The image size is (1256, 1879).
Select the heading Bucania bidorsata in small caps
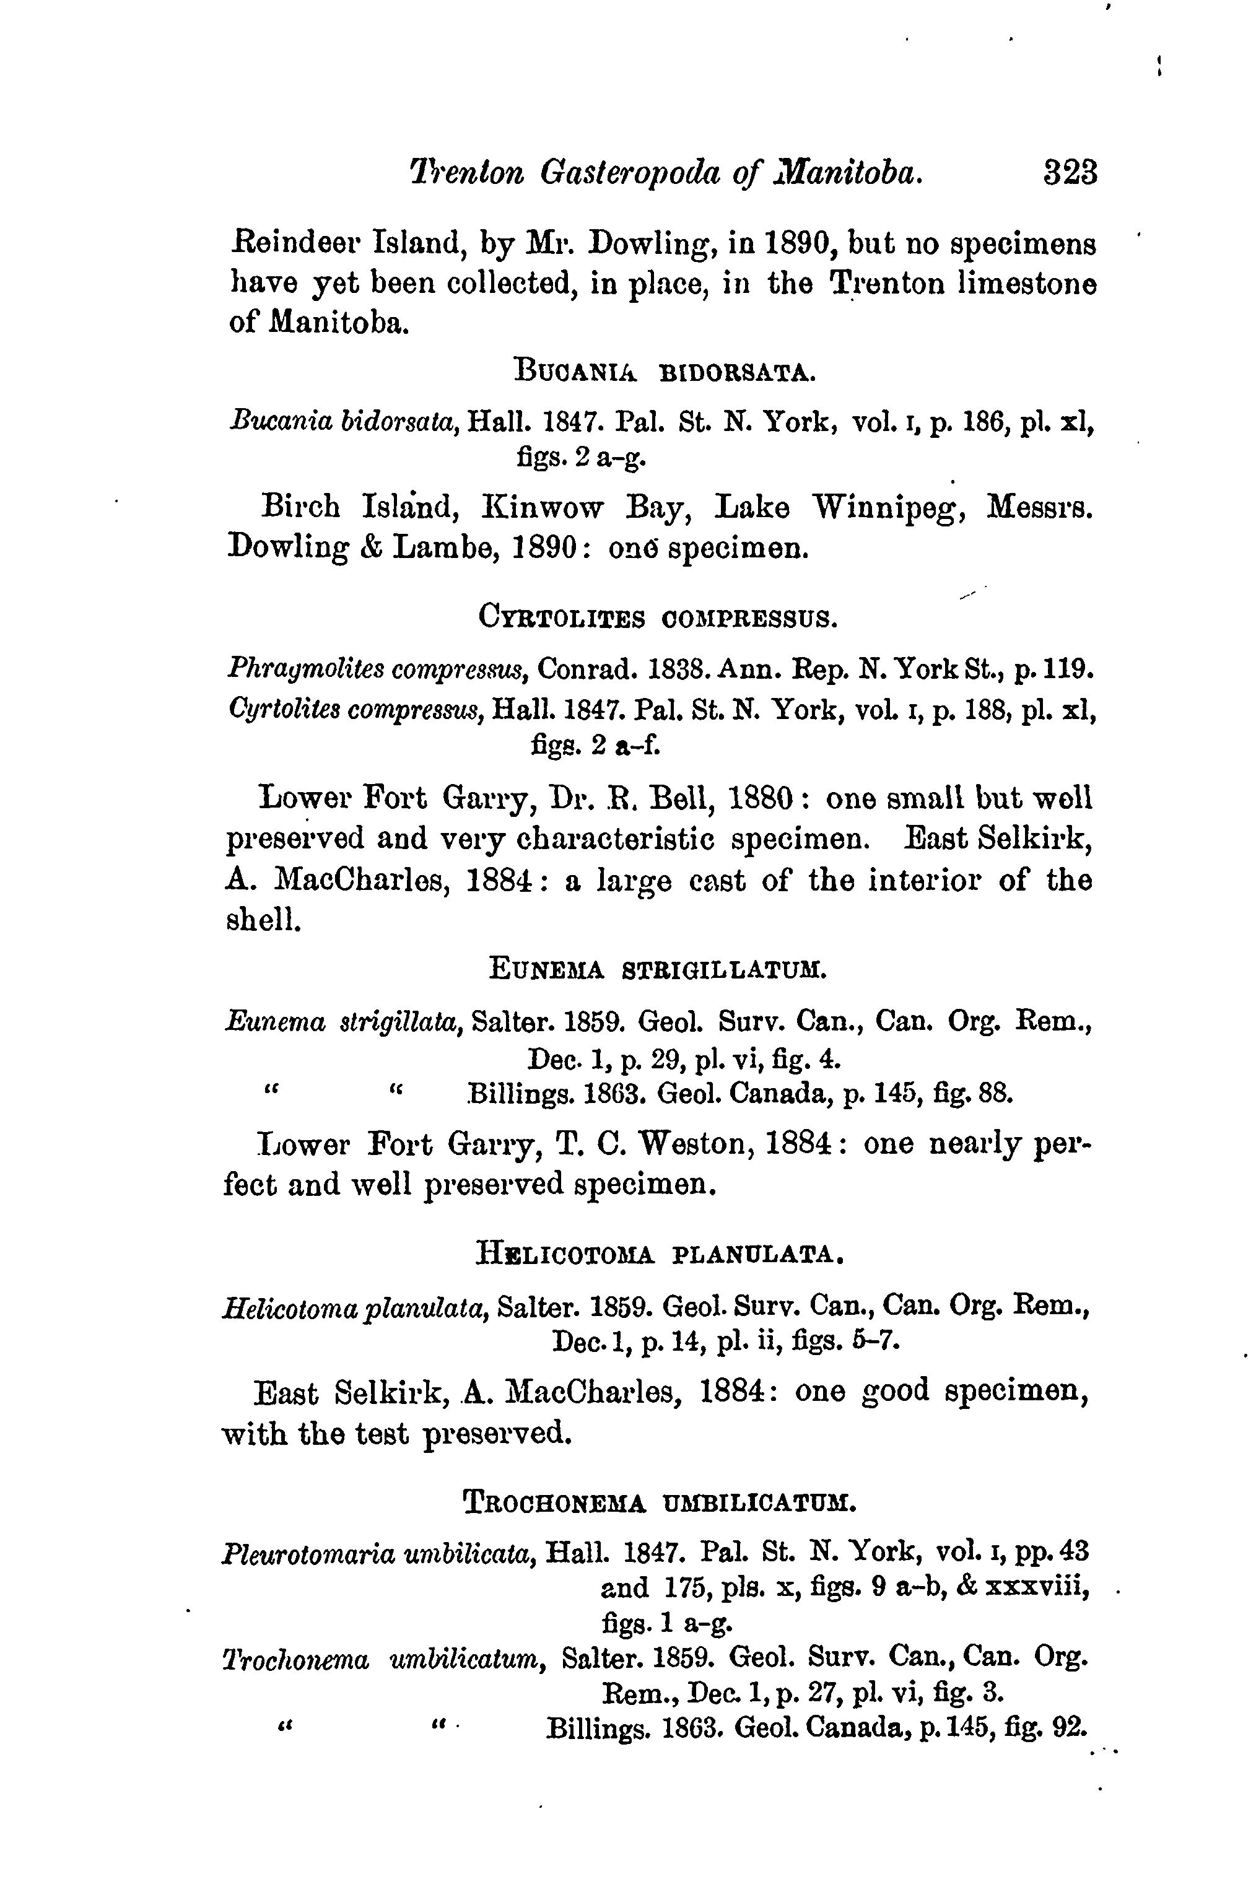click(664, 372)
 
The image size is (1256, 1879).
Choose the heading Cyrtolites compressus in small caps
click(658, 618)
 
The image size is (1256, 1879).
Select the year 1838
click(671, 668)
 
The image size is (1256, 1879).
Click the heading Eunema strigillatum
click(657, 970)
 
